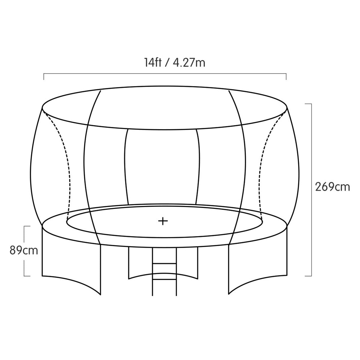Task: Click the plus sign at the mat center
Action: point(163,221)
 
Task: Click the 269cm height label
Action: point(332,187)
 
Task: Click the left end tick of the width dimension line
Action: point(44,76)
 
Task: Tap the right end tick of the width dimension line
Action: point(286,76)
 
